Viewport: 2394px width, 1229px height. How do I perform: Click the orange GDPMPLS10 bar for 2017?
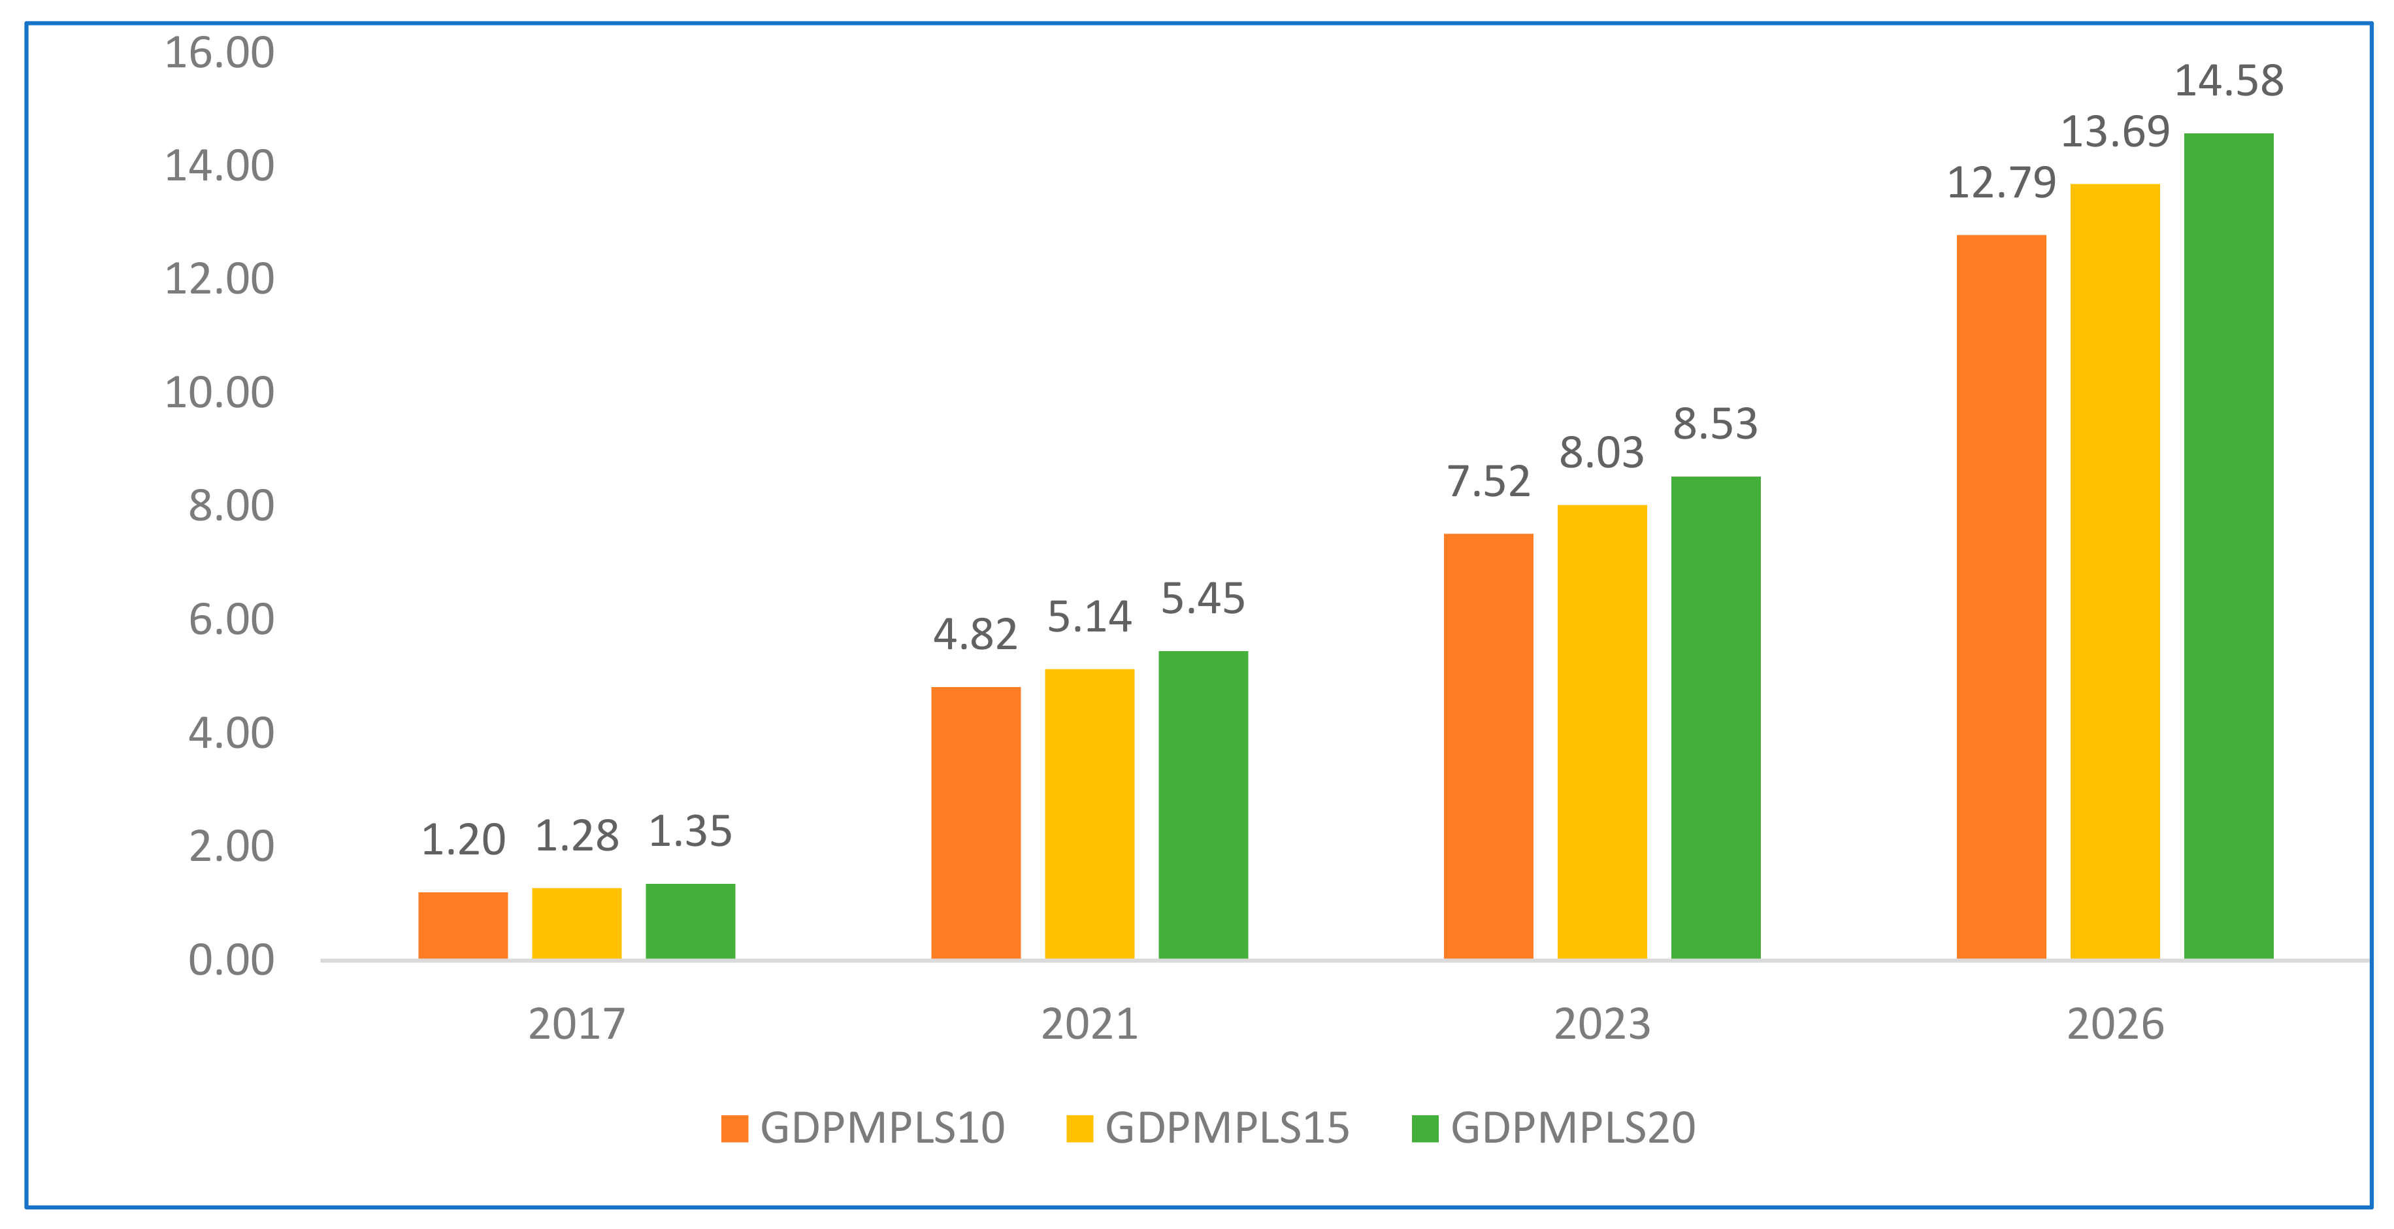coord(463,925)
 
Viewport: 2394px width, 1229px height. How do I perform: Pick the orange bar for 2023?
coord(1488,746)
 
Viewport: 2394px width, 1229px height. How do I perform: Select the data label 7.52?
coord(1488,482)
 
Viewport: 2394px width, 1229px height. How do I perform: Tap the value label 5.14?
coord(1089,616)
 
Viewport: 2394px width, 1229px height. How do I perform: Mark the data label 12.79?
coord(2001,182)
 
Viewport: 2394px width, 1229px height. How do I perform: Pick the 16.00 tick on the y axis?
coord(220,52)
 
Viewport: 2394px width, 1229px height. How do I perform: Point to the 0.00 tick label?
coord(231,960)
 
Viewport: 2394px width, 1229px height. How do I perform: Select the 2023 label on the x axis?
coord(1602,1024)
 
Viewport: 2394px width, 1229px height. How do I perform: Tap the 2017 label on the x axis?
coord(576,1024)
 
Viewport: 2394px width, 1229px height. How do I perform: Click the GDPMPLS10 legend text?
coord(882,1128)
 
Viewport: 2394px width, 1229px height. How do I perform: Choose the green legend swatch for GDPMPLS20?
coord(1424,1128)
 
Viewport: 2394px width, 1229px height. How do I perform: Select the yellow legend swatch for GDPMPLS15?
coord(1079,1128)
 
